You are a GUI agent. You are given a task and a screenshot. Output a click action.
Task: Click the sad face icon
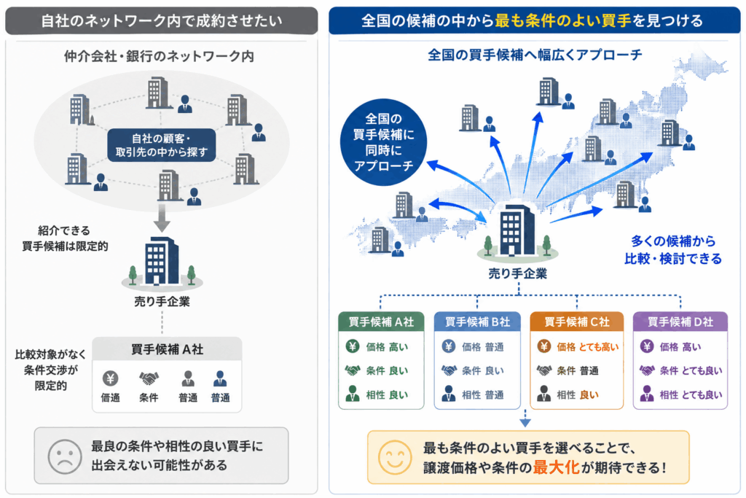tap(65, 456)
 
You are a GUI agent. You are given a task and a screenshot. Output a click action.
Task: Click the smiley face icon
tap(394, 457)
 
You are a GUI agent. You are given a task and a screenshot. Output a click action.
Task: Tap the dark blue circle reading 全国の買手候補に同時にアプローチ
tap(383, 142)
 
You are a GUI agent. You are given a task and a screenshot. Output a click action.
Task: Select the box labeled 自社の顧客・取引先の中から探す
tap(161, 145)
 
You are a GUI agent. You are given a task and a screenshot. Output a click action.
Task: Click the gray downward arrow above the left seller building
tap(162, 218)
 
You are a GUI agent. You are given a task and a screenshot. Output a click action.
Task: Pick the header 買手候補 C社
tap(577, 322)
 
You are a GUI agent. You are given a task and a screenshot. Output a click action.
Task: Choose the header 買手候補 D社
tap(680, 322)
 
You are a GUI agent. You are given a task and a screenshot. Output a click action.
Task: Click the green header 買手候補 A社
tap(381, 322)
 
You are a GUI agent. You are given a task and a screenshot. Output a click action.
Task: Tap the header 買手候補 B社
tap(477, 322)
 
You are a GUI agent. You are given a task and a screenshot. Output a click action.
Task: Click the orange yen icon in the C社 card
tap(543, 346)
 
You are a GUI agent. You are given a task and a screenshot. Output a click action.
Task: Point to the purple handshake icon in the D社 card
tap(647, 370)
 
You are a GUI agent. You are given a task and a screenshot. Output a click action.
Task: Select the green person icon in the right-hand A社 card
tap(353, 394)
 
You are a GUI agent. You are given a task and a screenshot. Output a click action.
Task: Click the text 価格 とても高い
tap(588, 347)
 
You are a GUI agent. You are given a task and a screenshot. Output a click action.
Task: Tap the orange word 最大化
tap(556, 467)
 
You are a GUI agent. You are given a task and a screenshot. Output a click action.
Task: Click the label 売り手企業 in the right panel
tap(518, 273)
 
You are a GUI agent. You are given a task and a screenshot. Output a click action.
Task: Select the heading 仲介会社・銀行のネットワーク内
tap(160, 56)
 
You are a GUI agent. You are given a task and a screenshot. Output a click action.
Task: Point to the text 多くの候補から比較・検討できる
tap(673, 250)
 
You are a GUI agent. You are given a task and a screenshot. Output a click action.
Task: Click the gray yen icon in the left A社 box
tap(111, 378)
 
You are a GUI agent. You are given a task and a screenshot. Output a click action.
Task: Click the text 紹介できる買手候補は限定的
tap(65, 238)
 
